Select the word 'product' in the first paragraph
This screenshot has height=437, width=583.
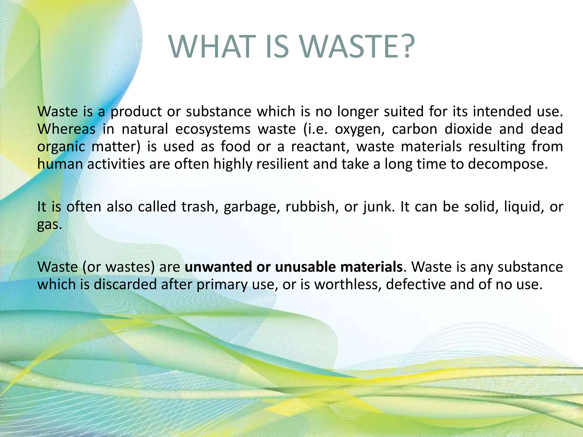click(x=136, y=112)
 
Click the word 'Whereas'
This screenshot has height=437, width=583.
click(x=66, y=129)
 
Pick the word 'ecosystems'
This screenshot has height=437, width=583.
click(x=213, y=129)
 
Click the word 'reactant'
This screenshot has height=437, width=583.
click(x=320, y=147)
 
